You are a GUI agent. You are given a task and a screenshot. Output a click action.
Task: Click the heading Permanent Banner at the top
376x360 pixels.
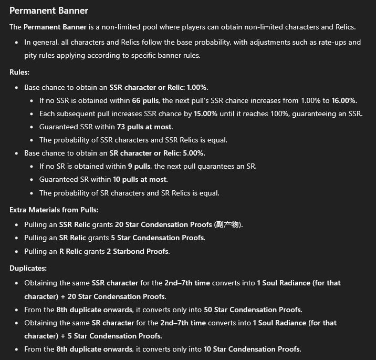click(49, 11)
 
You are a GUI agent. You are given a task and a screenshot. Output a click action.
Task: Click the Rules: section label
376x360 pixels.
click(20, 73)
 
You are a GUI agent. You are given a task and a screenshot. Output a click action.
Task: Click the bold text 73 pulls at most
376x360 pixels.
click(142, 127)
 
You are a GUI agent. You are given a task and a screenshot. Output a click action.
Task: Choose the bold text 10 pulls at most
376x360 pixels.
click(140, 179)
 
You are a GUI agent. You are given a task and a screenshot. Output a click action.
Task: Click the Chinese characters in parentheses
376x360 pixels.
click(227, 224)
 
